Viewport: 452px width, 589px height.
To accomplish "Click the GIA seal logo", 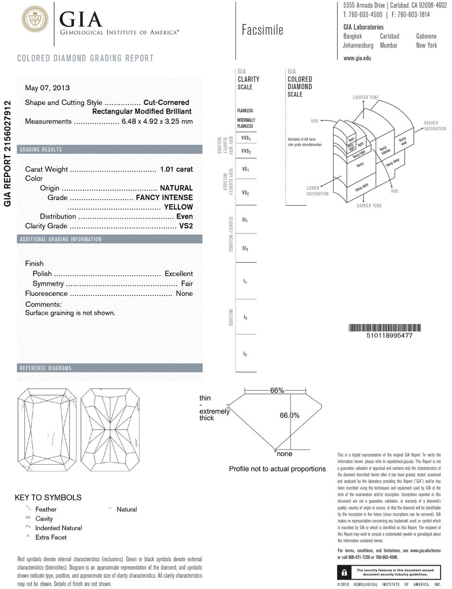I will pos(35,20).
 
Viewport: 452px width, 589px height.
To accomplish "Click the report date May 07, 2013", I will pos(47,88).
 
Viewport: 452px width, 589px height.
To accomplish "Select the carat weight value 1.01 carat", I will pos(176,169).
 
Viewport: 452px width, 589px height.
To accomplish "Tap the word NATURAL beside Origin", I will pos(176,188).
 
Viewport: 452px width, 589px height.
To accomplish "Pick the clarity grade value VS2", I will pos(186,226).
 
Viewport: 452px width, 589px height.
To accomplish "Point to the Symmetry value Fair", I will pos(187,283).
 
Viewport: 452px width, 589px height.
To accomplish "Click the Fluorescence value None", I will pos(184,294).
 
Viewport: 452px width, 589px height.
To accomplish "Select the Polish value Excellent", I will pos(178,274).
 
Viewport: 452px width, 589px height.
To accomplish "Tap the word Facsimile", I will pos(262,30).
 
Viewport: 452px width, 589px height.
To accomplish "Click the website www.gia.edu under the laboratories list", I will pos(357,58).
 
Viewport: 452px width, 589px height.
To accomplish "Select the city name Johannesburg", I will pos(358,45).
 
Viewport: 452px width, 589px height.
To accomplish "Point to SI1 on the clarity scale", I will pos(245,220).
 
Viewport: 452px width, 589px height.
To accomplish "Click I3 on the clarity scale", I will pos(245,354).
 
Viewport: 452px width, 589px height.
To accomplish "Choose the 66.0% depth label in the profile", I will pos(289,415).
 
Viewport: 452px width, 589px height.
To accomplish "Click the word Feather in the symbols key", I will pos(46,509).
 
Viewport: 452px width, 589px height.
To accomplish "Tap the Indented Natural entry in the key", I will pos(58,528).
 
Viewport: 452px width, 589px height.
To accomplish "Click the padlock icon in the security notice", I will pos(344,572).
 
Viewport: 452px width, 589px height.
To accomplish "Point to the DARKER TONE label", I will pos(369,206).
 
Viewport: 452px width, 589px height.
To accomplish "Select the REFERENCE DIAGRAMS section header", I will pos(45,368).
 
